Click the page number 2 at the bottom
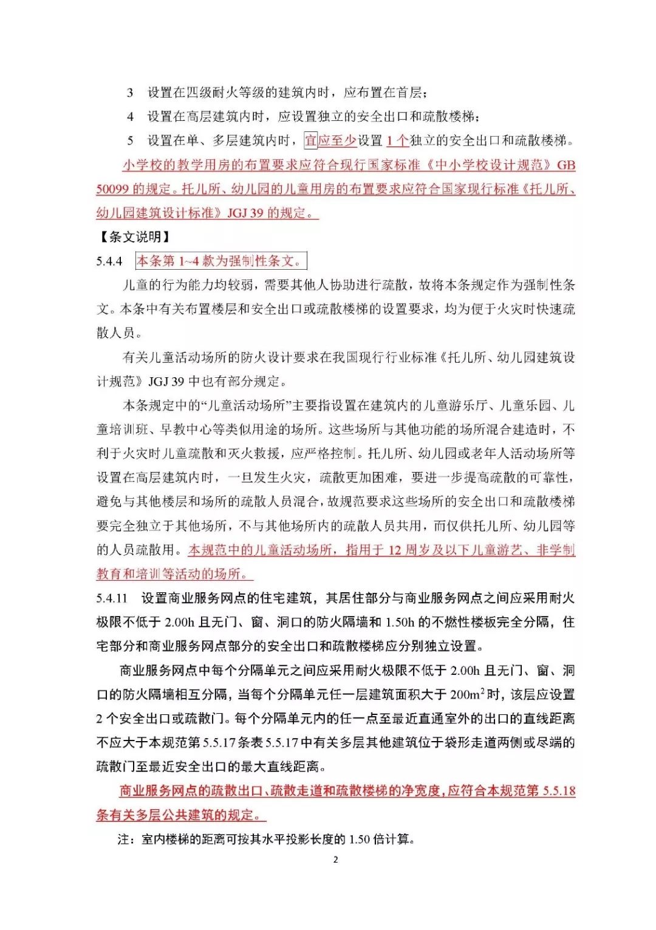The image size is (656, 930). pyautogui.click(x=335, y=860)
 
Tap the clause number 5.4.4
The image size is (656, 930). pyautogui.click(x=109, y=261)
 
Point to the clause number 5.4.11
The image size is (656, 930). pyautogui.click(x=112, y=598)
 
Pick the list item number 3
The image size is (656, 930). pyautogui.click(x=130, y=93)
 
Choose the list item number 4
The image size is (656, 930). pyautogui.click(x=130, y=117)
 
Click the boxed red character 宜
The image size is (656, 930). pyautogui.click(x=311, y=141)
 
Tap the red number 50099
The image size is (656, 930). pyautogui.click(x=112, y=189)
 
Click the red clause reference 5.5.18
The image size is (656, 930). pyautogui.click(x=559, y=791)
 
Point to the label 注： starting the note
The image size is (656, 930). pyautogui.click(x=127, y=839)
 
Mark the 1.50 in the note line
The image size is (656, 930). pyautogui.click(x=360, y=839)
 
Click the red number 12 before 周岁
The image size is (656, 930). pyautogui.click(x=395, y=550)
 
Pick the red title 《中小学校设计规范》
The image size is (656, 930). pyautogui.click(x=489, y=165)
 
